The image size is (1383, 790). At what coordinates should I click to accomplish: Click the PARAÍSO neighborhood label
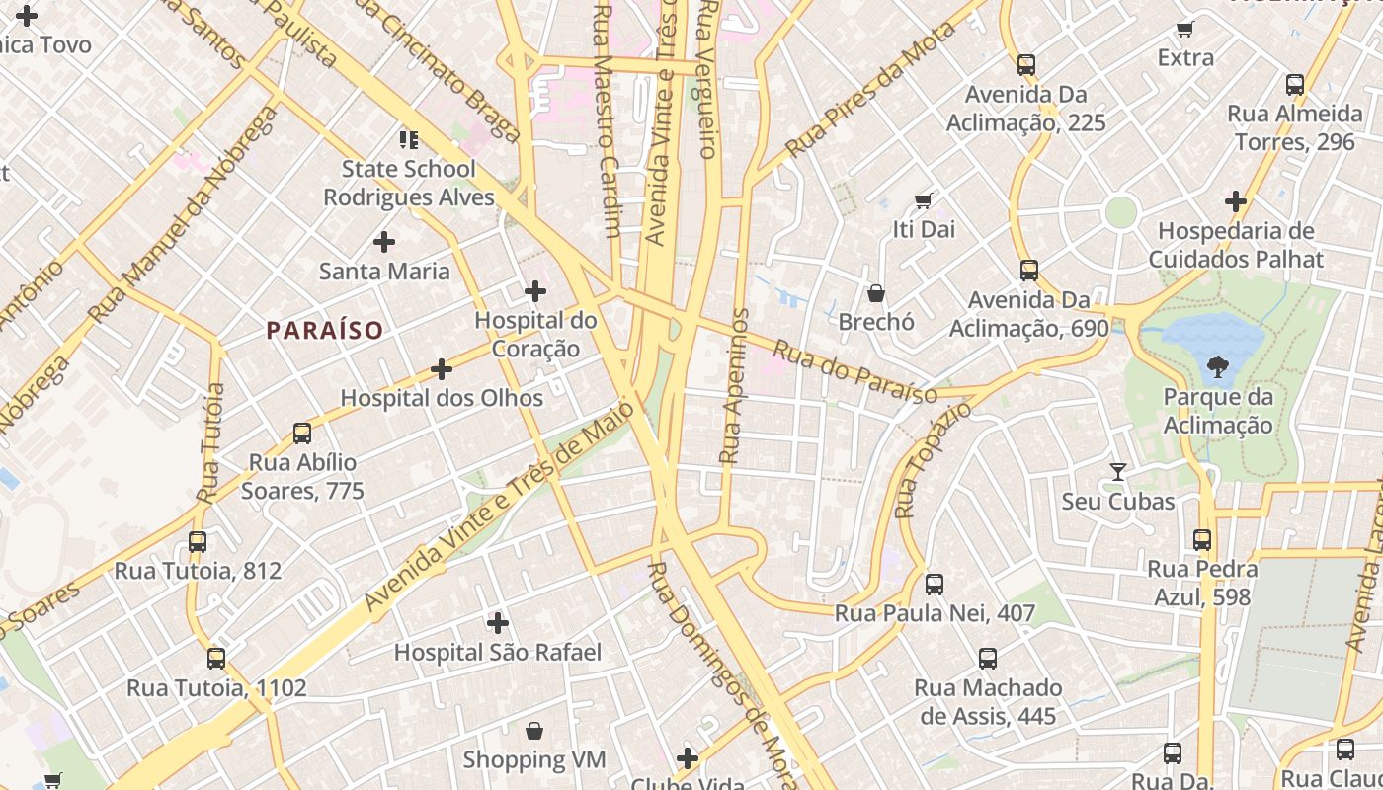point(324,330)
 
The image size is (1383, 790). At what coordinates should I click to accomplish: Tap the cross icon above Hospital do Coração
point(535,291)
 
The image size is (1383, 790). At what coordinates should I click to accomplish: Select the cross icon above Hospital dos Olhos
point(442,369)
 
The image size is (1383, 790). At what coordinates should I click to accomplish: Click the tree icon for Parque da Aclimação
point(1217,367)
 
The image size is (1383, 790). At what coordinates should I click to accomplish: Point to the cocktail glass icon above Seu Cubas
point(1118,472)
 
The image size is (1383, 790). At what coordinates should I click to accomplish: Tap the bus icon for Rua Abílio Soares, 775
point(302,434)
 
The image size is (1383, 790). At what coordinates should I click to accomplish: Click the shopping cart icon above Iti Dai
point(924,201)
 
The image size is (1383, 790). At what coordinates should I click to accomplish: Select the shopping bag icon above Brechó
point(876,293)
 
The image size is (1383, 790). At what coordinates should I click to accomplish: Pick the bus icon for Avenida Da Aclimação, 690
point(1029,271)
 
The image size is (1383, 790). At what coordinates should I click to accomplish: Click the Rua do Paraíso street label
point(854,372)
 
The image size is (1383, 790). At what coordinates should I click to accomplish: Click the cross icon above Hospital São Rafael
point(498,623)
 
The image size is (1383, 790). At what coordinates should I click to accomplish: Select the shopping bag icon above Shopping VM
point(534,731)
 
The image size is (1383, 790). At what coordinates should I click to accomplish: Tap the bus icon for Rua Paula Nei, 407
point(935,585)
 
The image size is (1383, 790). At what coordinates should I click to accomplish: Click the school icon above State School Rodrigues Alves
point(409,140)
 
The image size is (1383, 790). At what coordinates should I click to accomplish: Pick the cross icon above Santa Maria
point(384,242)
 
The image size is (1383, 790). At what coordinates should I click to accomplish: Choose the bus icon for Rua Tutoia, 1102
point(216,659)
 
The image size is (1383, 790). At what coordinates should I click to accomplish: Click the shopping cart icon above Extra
point(1185,30)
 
